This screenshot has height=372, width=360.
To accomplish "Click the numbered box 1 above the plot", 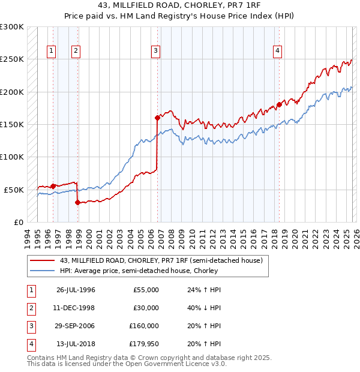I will pos(52,52).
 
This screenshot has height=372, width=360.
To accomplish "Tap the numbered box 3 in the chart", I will pos(155,52).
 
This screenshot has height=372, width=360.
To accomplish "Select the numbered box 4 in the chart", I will pos(278,52).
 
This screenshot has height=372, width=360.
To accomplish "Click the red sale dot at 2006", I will pos(157,118).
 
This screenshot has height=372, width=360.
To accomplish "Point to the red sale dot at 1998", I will pos(77,202).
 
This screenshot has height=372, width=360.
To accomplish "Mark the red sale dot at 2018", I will pos(279,105).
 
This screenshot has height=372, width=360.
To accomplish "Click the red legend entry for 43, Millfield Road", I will pos(161,260).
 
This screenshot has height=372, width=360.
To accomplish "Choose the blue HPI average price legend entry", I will pos(138,271).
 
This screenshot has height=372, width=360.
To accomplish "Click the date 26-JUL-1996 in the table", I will pos(76,290).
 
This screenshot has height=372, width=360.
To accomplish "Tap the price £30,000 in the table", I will pos(146,308).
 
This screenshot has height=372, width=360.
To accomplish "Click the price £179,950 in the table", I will pos(144,344).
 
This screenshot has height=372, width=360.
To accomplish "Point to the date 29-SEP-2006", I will pos(76,326).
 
